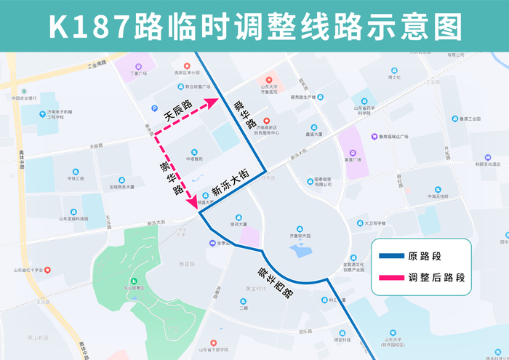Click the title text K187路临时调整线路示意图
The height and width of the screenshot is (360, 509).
pos(254,27)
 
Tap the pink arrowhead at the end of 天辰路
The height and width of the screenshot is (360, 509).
pos(212,102)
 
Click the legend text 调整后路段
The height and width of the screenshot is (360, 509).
pos(436,278)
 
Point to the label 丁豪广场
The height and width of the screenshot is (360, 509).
pos(138,73)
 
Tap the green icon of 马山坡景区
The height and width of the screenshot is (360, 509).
pos(134,280)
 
